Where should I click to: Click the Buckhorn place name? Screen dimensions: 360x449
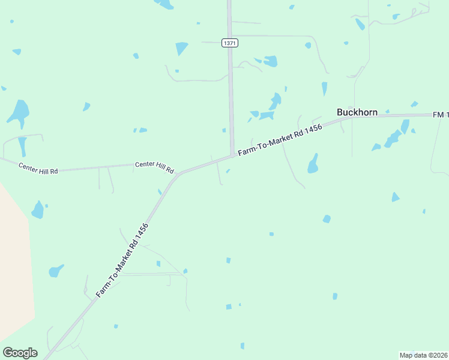click(x=357, y=112)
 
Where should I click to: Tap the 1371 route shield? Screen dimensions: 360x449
click(x=229, y=43)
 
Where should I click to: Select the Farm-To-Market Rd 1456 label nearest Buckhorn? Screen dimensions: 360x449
click(x=280, y=141)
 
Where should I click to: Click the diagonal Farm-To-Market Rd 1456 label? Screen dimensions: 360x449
click(x=122, y=260)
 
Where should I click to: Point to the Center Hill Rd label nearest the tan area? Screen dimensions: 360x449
click(x=38, y=168)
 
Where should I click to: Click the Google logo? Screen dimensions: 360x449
click(x=20, y=353)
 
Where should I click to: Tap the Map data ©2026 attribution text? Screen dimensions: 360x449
click(x=423, y=355)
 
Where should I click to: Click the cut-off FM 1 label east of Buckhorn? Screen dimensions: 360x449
click(x=440, y=114)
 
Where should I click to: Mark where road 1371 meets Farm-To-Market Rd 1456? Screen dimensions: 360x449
click(x=232, y=155)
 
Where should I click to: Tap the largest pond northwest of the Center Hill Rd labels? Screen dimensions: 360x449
click(x=19, y=112)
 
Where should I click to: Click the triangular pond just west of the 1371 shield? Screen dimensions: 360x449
click(x=181, y=47)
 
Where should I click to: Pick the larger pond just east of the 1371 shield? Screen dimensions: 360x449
click(x=270, y=61)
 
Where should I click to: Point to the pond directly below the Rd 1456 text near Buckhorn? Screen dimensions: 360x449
click(x=313, y=164)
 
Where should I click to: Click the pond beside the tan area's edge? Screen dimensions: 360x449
click(x=38, y=210)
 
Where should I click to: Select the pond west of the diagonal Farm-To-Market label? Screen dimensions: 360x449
click(x=56, y=270)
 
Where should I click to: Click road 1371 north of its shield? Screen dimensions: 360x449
click(x=229, y=18)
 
